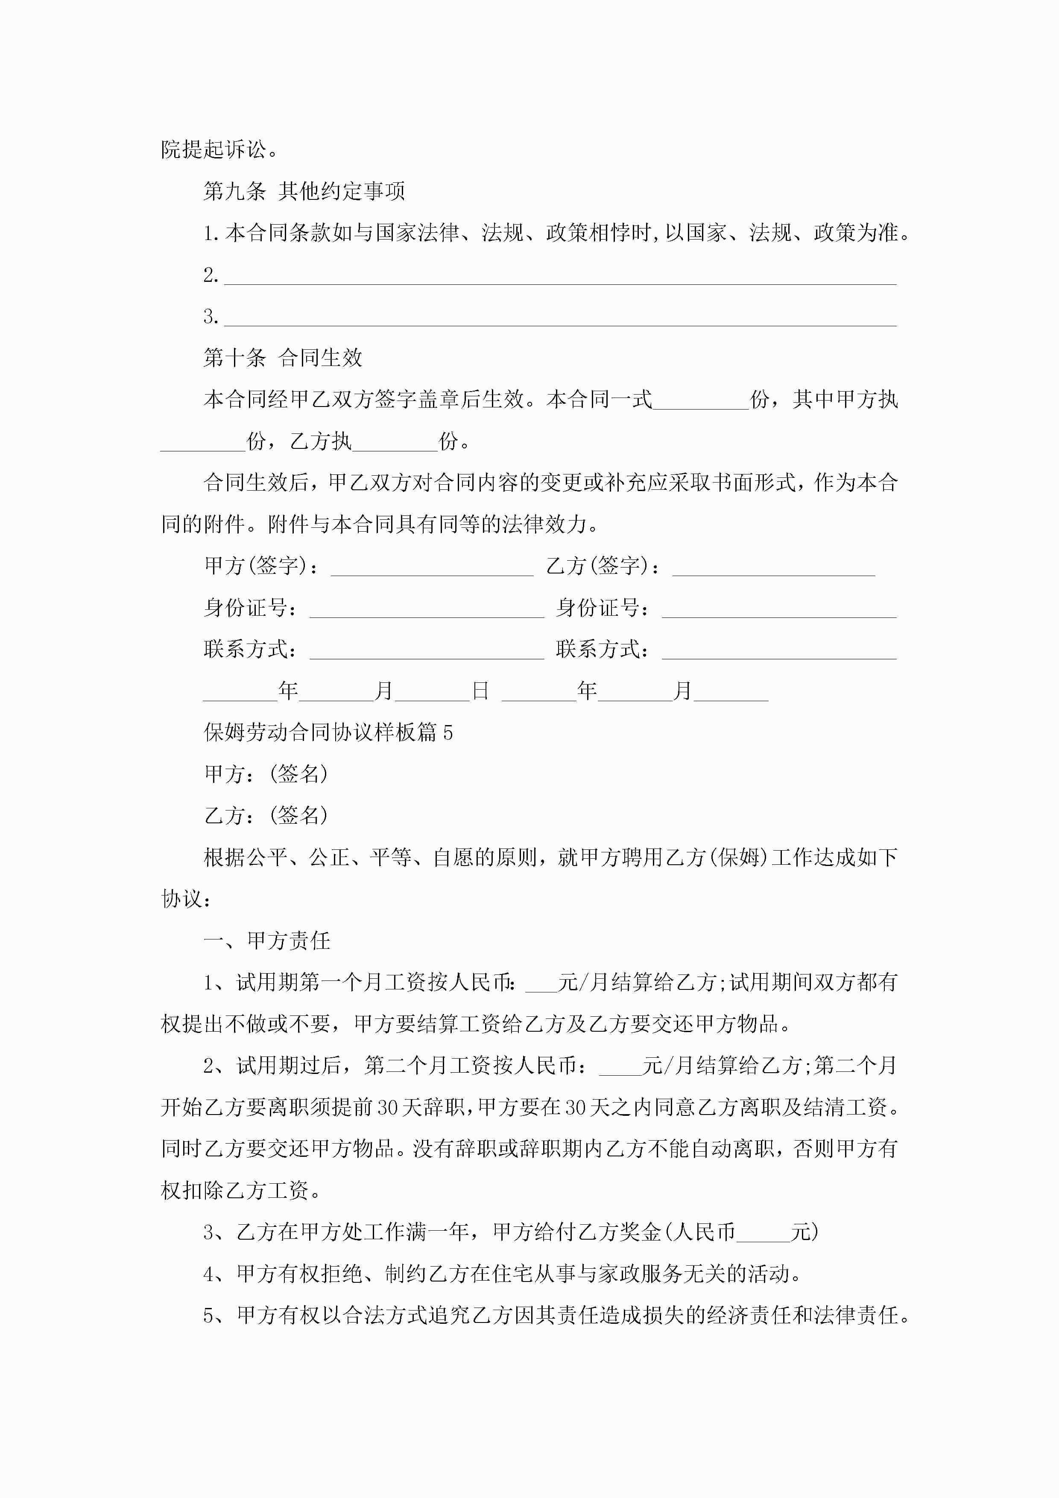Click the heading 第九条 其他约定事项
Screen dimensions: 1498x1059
304,191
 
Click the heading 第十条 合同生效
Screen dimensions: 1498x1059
283,357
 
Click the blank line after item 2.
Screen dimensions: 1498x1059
560,277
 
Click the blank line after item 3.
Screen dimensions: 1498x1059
560,319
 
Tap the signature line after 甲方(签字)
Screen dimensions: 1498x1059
432,568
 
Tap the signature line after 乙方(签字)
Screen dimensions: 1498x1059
773,568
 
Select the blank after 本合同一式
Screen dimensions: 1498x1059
701,401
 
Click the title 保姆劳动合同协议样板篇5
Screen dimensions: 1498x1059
328,733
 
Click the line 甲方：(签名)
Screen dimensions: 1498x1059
266,775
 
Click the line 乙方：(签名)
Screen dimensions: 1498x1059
266,816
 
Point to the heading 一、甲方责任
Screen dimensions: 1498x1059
267,941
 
